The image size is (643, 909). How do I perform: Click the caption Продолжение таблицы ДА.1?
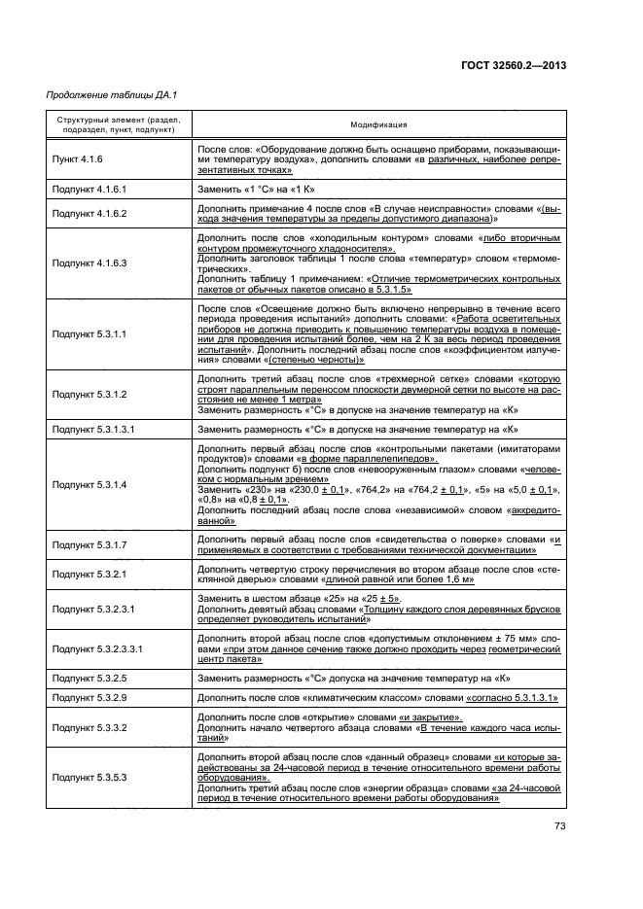[112, 94]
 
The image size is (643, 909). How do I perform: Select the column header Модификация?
[378, 125]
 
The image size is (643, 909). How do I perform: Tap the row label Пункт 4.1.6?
[77, 158]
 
